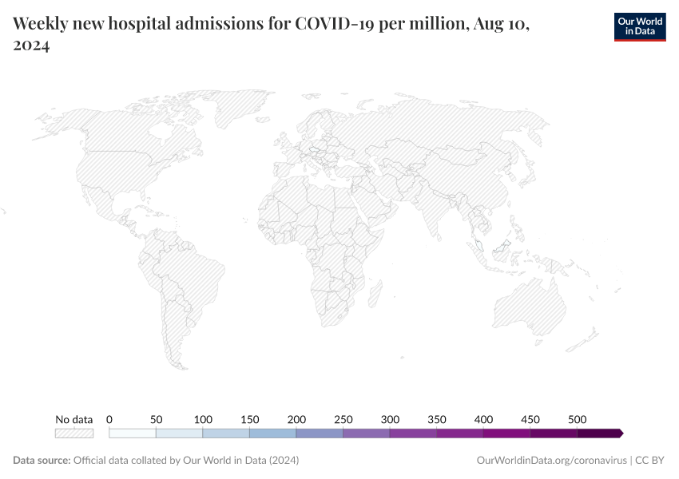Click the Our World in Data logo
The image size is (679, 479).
(x=639, y=26)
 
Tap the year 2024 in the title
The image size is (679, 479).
(x=32, y=46)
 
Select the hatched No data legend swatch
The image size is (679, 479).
(x=73, y=433)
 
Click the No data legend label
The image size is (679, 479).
(x=73, y=419)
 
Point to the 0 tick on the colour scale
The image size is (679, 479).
(x=109, y=419)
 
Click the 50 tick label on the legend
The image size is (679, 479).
(x=157, y=419)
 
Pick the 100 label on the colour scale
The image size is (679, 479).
(x=203, y=419)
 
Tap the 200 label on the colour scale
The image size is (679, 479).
(x=296, y=419)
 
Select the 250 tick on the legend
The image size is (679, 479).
(x=343, y=419)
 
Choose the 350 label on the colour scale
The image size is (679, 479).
(x=437, y=419)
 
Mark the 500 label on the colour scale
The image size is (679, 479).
(x=578, y=419)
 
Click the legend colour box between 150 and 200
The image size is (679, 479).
(x=272, y=433)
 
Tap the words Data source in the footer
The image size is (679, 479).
(x=41, y=461)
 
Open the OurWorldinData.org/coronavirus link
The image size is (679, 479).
(x=550, y=461)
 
